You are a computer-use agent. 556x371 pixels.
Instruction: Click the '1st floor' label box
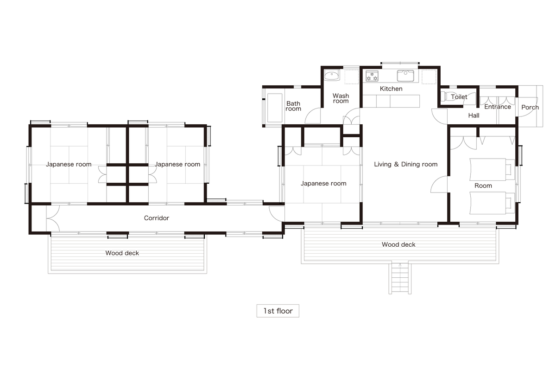point(278,311)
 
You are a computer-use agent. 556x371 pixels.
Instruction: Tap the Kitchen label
point(391,89)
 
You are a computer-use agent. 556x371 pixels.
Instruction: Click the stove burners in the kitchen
point(372,76)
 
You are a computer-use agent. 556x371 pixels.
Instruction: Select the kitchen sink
point(405,76)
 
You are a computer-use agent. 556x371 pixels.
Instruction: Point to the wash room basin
point(332,75)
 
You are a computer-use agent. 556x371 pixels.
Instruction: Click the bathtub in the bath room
point(275,108)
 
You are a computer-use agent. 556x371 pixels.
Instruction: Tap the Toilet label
point(459,97)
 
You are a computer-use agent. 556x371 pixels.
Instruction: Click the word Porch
point(530,107)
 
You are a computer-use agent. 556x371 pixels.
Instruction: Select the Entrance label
point(498,107)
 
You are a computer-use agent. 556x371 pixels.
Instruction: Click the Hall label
point(474,115)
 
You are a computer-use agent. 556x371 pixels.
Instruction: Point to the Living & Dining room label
point(405,164)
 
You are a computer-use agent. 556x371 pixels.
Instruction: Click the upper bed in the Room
point(492,169)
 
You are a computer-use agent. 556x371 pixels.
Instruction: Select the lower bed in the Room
point(492,203)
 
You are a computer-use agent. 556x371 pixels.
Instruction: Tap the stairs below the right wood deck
point(400,278)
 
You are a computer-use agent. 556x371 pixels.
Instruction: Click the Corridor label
point(157,218)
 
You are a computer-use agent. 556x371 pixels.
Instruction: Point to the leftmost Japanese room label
point(69,164)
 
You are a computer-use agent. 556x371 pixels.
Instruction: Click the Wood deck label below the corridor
point(122,253)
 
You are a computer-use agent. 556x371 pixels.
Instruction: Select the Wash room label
point(341,98)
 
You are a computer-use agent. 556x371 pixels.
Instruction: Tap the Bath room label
point(293,106)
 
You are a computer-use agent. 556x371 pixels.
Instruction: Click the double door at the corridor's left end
point(53,218)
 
